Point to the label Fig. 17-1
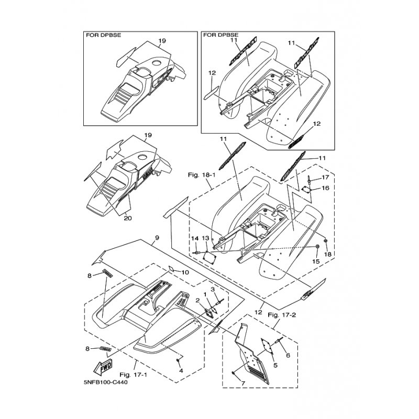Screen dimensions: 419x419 [x=131, y=375]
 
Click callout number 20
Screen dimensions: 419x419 [x=128, y=219]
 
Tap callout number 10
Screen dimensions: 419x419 [x=184, y=272]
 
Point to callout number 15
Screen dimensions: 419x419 [x=315, y=260]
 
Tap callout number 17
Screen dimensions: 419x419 [x=325, y=177]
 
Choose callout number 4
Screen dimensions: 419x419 [x=180, y=370]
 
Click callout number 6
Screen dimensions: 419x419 [x=288, y=355]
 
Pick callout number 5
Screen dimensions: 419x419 [x=275, y=366]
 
